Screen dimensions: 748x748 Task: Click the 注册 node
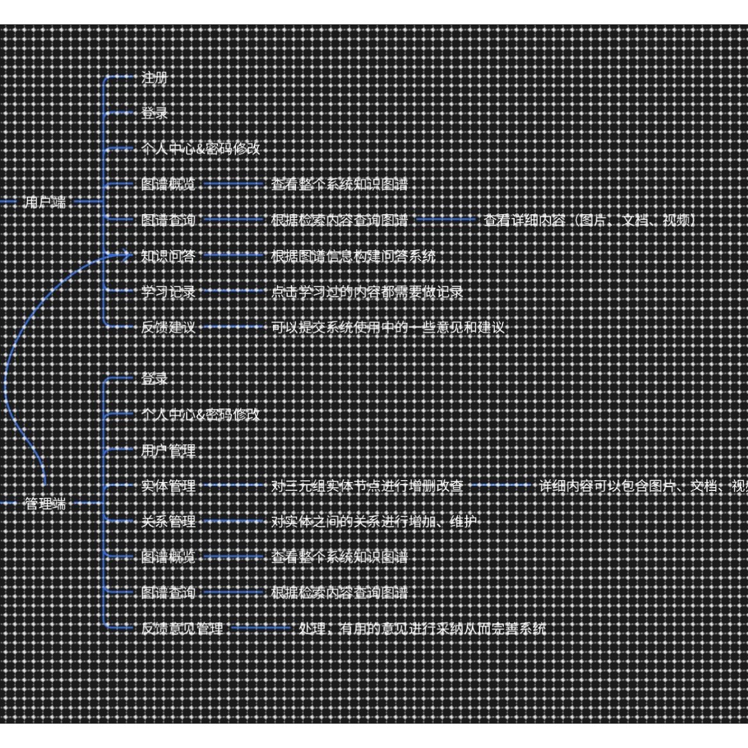click(x=154, y=78)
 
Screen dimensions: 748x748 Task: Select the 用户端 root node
click(x=45, y=203)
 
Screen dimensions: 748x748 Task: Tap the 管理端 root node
click(x=45, y=504)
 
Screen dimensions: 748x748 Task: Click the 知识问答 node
click(x=168, y=256)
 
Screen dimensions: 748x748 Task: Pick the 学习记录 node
click(x=168, y=292)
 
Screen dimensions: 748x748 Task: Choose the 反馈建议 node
click(x=168, y=328)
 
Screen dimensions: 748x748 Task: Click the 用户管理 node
click(x=168, y=451)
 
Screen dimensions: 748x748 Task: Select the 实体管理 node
click(x=168, y=486)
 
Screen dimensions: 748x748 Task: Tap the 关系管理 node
click(x=168, y=522)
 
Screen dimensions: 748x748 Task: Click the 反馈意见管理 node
click(x=182, y=629)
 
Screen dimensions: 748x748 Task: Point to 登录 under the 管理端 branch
click(x=154, y=379)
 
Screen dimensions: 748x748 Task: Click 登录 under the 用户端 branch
click(x=154, y=113)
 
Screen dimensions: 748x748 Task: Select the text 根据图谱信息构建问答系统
click(x=353, y=256)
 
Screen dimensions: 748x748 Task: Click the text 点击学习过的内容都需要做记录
click(x=367, y=292)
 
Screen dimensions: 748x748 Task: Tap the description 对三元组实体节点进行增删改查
click(x=367, y=486)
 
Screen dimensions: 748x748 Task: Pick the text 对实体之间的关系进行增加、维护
click(x=374, y=522)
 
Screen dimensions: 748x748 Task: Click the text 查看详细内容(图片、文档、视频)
click(x=589, y=220)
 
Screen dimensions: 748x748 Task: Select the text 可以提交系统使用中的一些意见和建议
click(x=388, y=328)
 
